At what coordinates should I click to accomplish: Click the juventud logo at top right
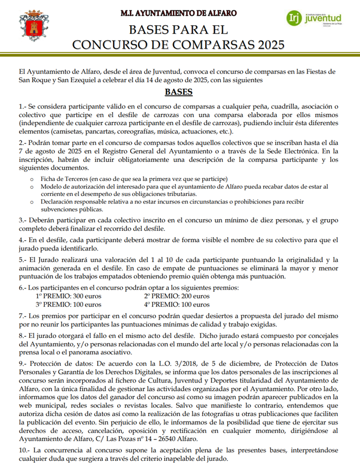pos(314,19)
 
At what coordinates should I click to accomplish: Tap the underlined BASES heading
pos(178,93)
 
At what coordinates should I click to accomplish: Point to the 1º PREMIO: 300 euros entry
pos(68,296)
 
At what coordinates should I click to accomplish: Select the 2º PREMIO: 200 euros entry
pos(176,296)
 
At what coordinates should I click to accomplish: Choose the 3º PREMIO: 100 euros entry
pos(68,304)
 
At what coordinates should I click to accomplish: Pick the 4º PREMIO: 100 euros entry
pos(176,304)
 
